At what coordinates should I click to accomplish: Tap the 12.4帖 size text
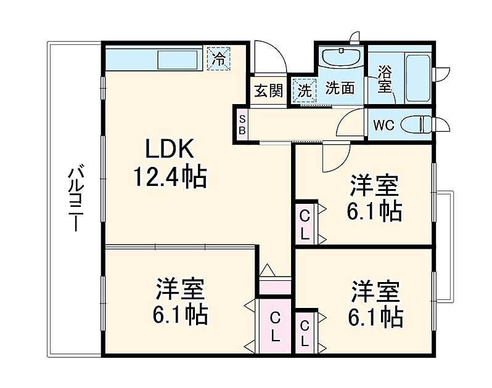(x=170, y=178)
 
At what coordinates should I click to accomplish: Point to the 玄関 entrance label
(x=268, y=91)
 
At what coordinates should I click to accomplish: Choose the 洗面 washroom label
(x=340, y=89)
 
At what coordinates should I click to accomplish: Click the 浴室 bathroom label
(x=385, y=79)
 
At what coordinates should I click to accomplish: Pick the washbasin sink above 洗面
(x=341, y=59)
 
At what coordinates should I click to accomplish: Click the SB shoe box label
(x=242, y=124)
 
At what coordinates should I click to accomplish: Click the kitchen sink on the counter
(x=178, y=60)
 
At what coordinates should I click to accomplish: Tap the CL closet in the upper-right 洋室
(x=305, y=225)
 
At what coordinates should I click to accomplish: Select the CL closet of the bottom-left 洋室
(x=275, y=327)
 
